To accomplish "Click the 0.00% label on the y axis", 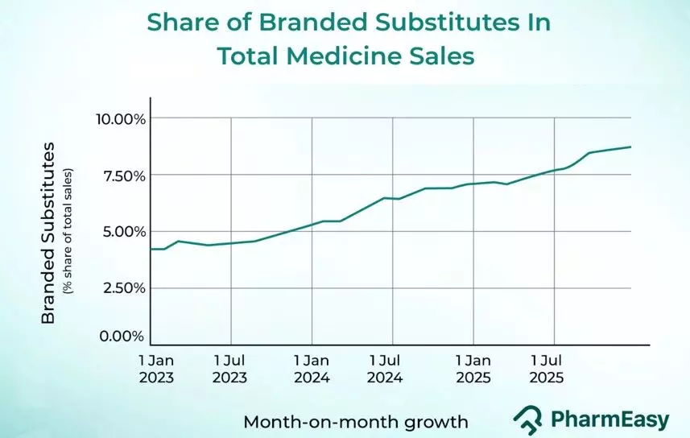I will (122, 337).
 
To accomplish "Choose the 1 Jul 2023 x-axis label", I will (229, 368).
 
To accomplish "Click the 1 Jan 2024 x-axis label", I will (311, 368).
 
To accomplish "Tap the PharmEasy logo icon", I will (527, 419).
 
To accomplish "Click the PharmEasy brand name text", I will (609, 419).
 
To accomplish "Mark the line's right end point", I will (630, 147).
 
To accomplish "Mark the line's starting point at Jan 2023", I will (151, 249).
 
